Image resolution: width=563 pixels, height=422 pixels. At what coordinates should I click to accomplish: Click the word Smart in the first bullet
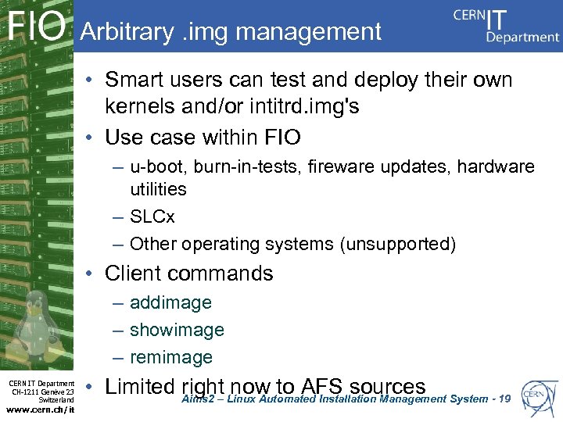coord(134,80)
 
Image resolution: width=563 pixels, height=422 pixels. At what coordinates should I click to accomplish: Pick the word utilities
coord(158,189)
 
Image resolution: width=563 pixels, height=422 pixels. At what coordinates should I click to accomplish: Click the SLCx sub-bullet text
coord(153,216)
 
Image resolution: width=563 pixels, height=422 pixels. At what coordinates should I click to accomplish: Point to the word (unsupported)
coord(397,244)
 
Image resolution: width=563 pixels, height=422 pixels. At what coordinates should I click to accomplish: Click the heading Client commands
coord(188,274)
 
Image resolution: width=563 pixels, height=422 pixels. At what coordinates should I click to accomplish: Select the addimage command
coord(170,302)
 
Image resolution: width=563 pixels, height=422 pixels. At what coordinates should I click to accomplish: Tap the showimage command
coord(177,330)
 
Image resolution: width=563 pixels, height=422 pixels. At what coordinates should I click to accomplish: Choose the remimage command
coord(171,357)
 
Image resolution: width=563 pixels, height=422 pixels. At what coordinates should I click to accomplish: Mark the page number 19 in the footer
coord(504,399)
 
